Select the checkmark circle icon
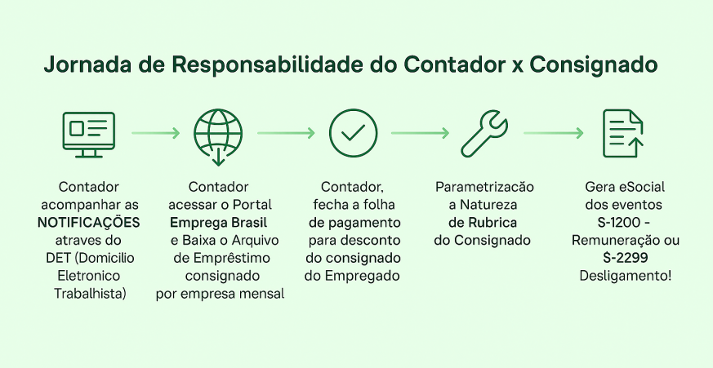pyautogui.click(x=354, y=133)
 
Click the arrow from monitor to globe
pyautogui.click(x=156, y=133)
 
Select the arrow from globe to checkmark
pyautogui.click(x=286, y=133)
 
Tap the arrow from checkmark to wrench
pyautogui.click(x=420, y=133)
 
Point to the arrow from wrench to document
pyautogui.click(x=554, y=133)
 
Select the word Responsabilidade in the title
pyautogui.click(x=267, y=64)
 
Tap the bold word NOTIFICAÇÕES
pyautogui.click(x=89, y=223)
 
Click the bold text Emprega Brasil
pyautogui.click(x=218, y=223)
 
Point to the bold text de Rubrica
pyautogui.click(x=483, y=223)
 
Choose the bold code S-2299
pyautogui.click(x=626, y=258)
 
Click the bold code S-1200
pyautogui.click(x=620, y=223)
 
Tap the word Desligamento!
pyautogui.click(x=626, y=276)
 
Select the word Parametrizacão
pyautogui.click(x=485, y=187)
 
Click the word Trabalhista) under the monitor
pyautogui.click(x=90, y=294)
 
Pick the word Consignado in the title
pyautogui.click(x=594, y=65)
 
